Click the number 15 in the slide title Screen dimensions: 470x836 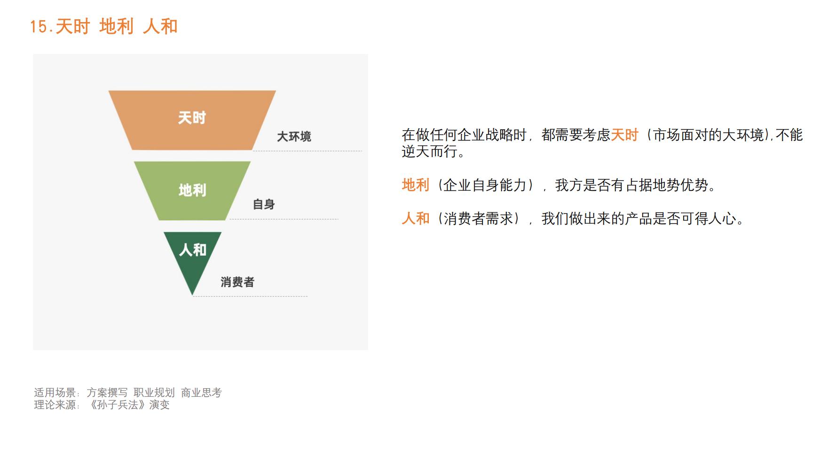click(39, 27)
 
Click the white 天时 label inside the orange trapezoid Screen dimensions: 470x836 click(192, 117)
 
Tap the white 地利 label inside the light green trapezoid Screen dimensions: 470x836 click(192, 190)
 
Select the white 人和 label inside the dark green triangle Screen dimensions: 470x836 click(192, 250)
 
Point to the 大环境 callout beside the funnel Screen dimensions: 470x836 click(294, 137)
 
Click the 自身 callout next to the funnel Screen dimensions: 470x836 click(263, 204)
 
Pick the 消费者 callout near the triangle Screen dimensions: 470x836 click(237, 282)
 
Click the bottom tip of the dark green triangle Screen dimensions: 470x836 click(192, 293)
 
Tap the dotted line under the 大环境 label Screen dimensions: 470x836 click(308, 151)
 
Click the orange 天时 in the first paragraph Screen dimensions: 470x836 click(624, 135)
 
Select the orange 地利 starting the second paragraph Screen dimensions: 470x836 click(415, 185)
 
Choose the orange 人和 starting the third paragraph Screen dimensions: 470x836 click(415, 219)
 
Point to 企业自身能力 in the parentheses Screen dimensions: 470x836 click(485, 185)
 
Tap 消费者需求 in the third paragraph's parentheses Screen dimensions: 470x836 click(478, 219)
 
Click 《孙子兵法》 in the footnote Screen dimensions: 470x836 click(118, 405)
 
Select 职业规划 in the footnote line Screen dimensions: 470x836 click(154, 393)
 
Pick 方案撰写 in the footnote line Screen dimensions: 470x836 click(107, 393)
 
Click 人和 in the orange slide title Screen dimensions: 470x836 click(160, 27)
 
